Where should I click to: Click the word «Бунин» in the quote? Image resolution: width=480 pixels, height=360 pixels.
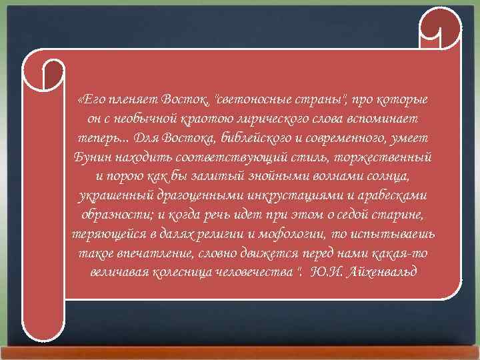(x=91, y=158)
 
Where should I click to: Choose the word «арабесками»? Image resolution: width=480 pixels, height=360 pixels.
(x=395, y=197)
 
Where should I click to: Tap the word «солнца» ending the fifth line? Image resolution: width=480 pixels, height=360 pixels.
(x=389, y=177)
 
